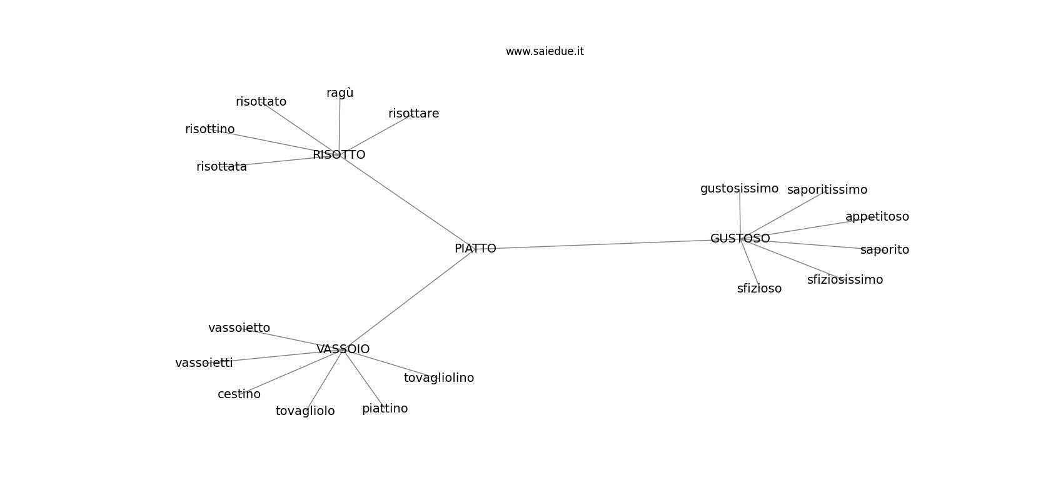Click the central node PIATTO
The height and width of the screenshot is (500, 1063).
click(x=475, y=249)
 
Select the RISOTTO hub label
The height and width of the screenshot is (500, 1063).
click(x=339, y=154)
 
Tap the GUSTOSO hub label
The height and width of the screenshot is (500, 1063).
click(x=740, y=238)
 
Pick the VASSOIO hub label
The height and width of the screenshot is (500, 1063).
click(x=343, y=349)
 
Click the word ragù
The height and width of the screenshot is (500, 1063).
click(x=340, y=93)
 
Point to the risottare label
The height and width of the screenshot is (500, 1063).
click(x=413, y=113)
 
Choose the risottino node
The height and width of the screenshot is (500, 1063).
click(x=209, y=129)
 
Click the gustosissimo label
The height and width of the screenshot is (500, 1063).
click(x=739, y=189)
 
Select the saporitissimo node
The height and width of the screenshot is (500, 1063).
click(x=827, y=190)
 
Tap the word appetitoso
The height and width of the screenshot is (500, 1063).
click(x=877, y=217)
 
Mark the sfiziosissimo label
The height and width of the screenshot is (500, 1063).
click(x=845, y=280)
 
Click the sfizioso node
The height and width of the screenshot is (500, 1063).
click(x=759, y=288)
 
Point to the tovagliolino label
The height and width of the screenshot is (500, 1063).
click(x=439, y=378)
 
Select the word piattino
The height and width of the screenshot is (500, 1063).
click(x=385, y=409)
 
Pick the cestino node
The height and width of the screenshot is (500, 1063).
click(x=239, y=394)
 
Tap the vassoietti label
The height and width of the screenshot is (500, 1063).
click(x=204, y=363)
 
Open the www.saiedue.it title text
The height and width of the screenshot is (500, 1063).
click(x=545, y=51)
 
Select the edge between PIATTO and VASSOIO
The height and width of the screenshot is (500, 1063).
click(x=408, y=299)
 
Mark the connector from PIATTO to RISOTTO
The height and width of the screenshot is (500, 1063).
click(x=406, y=202)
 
